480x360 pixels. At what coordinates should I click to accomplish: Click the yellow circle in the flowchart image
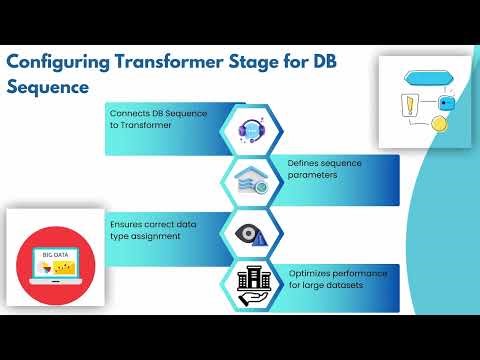(x=437, y=123)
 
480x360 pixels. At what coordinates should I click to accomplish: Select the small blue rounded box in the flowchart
(x=447, y=102)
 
